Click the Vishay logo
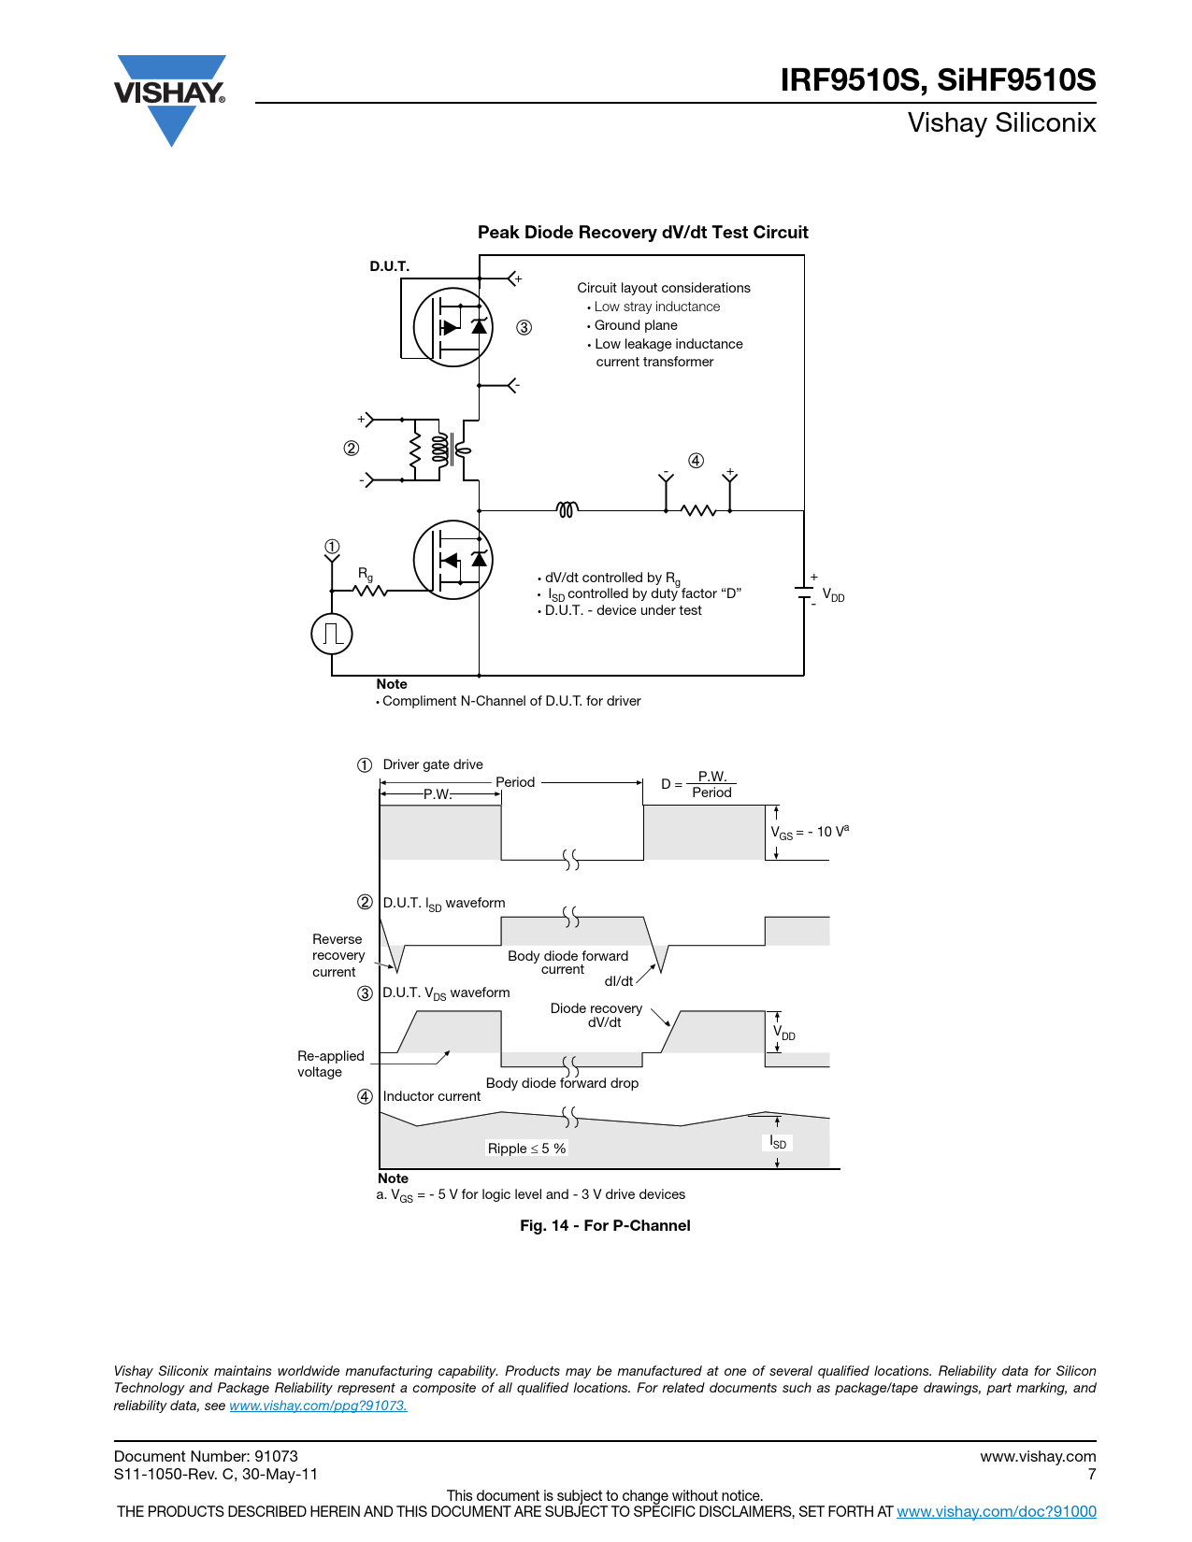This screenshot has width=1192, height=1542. pyautogui.click(x=169, y=100)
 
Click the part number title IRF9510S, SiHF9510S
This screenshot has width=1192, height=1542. pyautogui.click(x=938, y=79)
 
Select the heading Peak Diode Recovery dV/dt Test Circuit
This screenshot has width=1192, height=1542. pyautogui.click(x=642, y=232)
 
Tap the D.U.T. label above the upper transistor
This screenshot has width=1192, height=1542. pyautogui.click(x=389, y=266)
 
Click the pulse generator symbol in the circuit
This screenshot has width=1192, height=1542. pyautogui.click(x=332, y=634)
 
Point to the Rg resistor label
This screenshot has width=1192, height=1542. pyautogui.click(x=365, y=574)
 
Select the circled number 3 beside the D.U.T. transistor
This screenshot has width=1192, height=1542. pyautogui.click(x=524, y=327)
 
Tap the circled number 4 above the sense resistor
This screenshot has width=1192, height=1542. pyautogui.click(x=696, y=461)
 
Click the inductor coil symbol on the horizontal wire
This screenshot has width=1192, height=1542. pyautogui.click(x=567, y=508)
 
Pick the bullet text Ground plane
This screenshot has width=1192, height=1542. pyautogui.click(x=636, y=325)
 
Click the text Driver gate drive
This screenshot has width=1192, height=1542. pyautogui.click(x=433, y=764)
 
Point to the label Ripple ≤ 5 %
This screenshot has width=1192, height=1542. pyautogui.click(x=526, y=1149)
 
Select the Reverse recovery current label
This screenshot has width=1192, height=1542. pyautogui.click(x=337, y=955)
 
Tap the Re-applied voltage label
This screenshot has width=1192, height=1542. pyautogui.click(x=331, y=1064)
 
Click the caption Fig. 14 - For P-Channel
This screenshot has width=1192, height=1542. pyautogui.click(x=605, y=1225)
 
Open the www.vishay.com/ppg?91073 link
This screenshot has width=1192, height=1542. pyautogui.click(x=318, y=1405)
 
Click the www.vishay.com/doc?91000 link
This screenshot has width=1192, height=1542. pyautogui.click(x=996, y=1511)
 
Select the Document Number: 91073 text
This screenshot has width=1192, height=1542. pyautogui.click(x=206, y=1456)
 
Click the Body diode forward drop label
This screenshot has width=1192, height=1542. pyautogui.click(x=562, y=1083)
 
